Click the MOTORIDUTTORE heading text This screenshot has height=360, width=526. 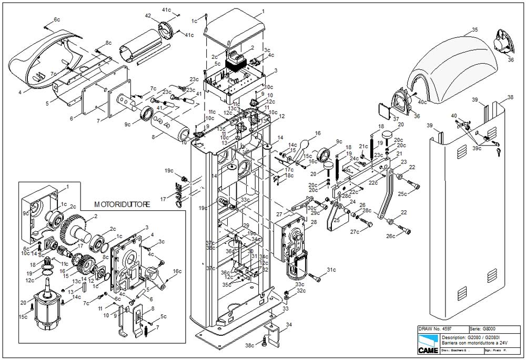[122, 203]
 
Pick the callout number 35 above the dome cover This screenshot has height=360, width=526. [475, 30]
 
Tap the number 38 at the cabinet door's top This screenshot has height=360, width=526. [510, 98]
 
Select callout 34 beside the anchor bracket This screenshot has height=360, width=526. [289, 326]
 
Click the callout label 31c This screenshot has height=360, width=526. [330, 270]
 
